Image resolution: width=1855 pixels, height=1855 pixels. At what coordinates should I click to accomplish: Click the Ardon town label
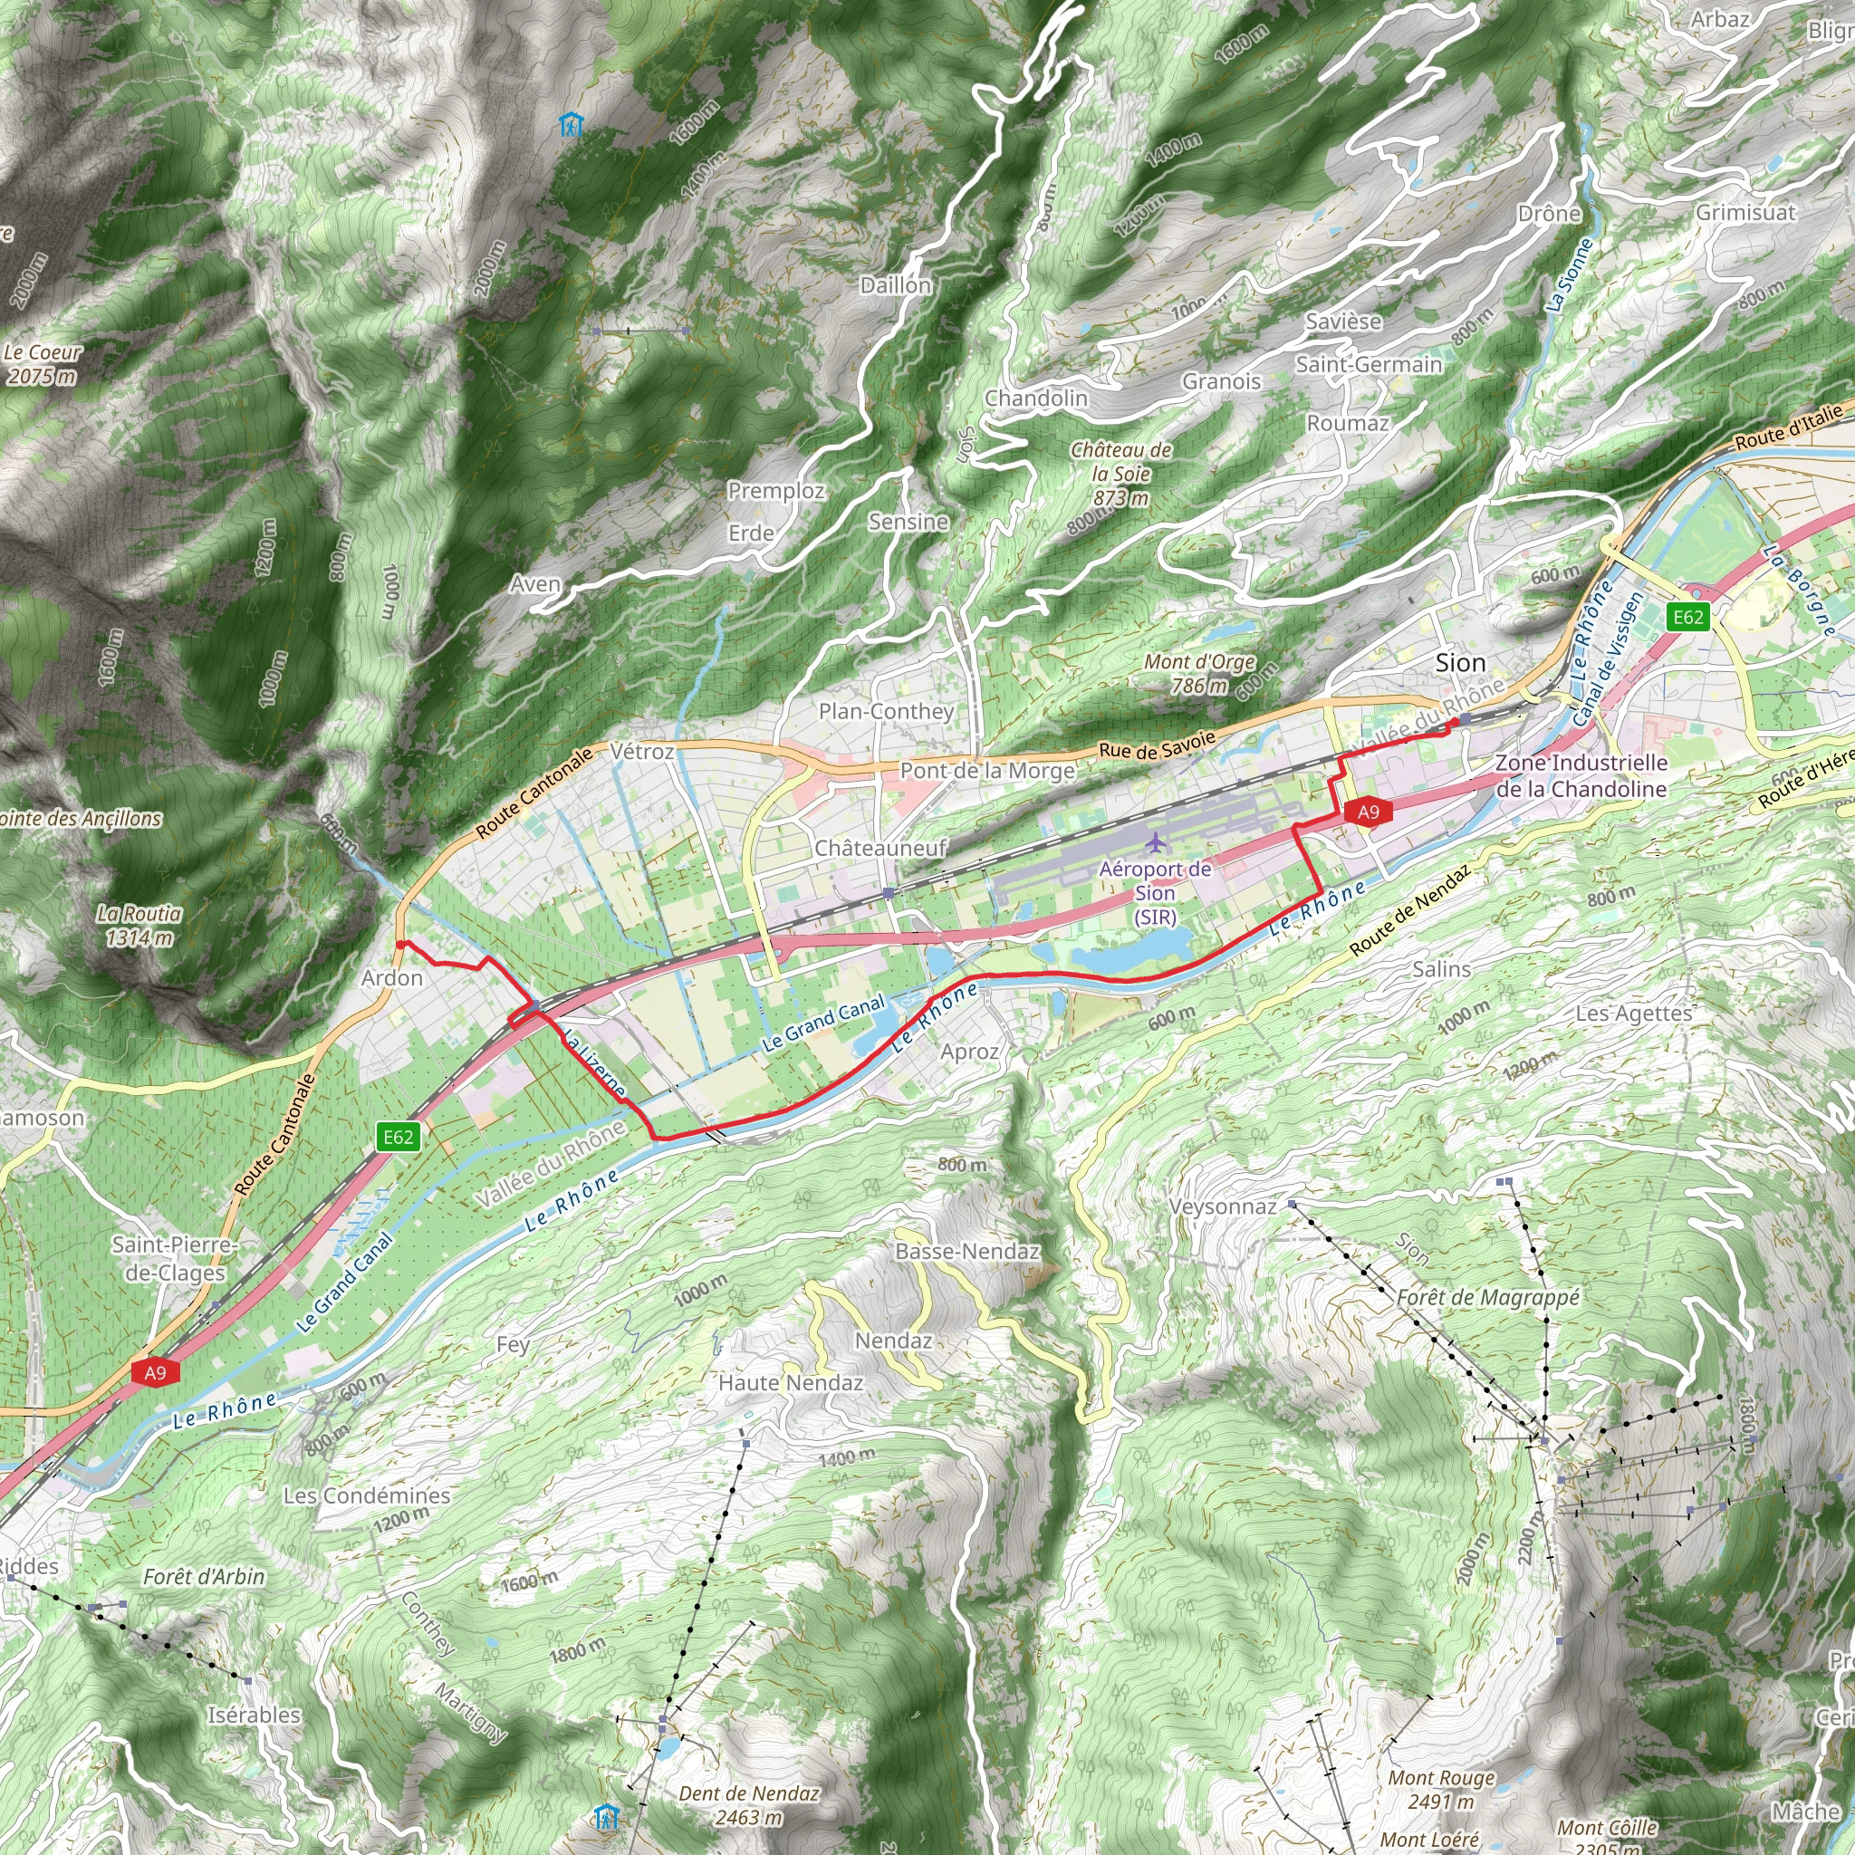point(391,977)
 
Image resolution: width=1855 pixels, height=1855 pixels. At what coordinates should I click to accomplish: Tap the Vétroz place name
point(642,751)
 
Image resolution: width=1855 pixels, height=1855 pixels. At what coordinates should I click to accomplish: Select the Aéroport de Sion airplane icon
point(1156,842)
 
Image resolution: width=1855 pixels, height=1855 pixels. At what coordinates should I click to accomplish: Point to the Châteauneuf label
point(880,848)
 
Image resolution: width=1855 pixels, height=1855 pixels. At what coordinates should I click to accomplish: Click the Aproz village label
point(970,1052)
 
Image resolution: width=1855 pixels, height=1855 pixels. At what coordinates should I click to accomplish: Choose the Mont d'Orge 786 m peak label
point(1199,673)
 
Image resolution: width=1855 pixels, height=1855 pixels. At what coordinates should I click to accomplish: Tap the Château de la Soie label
point(1120,474)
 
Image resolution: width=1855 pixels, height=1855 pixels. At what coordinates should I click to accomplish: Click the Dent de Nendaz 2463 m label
point(749,1805)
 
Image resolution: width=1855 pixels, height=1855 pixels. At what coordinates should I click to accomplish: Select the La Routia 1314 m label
point(139,926)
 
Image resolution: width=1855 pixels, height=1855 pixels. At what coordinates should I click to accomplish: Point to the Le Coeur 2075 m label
point(43,364)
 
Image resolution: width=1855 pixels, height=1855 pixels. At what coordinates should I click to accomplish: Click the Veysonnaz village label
point(1222,1206)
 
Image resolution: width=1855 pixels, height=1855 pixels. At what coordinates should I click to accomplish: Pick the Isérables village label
point(254,1715)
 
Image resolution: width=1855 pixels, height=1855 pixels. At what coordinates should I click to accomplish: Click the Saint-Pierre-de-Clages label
point(174,1258)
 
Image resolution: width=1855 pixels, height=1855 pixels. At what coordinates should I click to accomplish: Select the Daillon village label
point(895,285)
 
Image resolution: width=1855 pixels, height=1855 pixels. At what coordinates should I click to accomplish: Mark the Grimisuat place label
point(1744,212)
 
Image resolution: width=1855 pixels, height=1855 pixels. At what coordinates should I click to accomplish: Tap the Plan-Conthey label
point(886,711)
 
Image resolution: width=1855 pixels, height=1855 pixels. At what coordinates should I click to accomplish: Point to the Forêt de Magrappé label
point(1487,1298)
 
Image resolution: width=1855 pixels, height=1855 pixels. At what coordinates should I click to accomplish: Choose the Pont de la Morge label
point(987,770)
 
